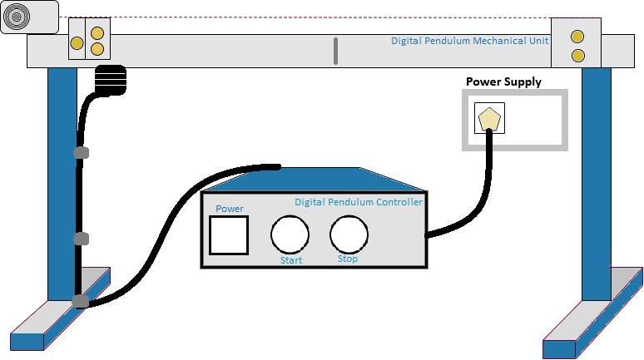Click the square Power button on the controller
coord(229,234)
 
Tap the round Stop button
coord(349,234)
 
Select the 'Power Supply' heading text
coord(503,81)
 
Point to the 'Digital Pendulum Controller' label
coord(359,202)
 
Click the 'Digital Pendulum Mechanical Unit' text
coord(470,41)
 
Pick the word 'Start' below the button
coord(291,260)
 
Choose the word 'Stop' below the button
coord(348,259)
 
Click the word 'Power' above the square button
coord(230,209)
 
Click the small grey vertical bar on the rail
coord(336,51)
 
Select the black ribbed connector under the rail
coord(110,81)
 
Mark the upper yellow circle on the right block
coord(577,37)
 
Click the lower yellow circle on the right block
coord(577,56)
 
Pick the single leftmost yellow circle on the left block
coord(77,42)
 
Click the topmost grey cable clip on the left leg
coord(81,153)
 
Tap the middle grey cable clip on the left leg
coord(81,239)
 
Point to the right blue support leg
coord(596,183)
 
